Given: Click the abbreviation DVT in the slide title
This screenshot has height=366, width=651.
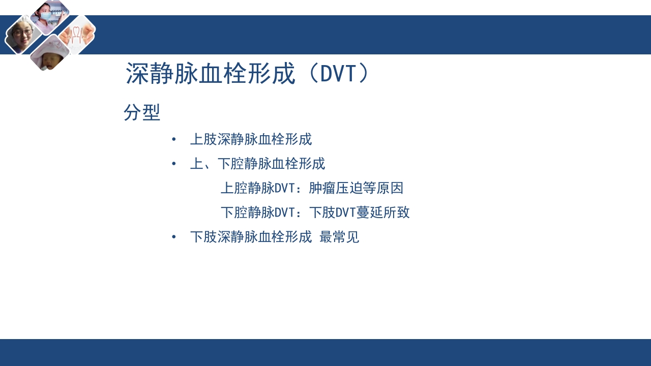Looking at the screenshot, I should [x=338, y=74].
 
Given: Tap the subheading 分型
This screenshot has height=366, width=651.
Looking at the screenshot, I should [x=142, y=113].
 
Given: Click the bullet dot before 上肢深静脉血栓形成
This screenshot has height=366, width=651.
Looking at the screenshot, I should [x=174, y=139].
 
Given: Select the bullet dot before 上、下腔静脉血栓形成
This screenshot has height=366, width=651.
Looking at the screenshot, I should [x=174, y=164].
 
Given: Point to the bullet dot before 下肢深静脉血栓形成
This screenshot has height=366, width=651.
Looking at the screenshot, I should [x=174, y=237].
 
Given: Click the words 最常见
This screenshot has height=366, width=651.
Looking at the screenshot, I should [x=339, y=237].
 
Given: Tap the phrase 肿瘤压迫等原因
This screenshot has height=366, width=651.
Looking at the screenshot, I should [x=356, y=188].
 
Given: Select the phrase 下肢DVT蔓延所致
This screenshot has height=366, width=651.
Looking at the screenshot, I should [x=359, y=212].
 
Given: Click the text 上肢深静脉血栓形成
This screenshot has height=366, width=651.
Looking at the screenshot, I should [x=251, y=139].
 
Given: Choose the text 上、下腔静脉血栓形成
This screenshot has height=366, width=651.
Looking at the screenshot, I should [x=257, y=164].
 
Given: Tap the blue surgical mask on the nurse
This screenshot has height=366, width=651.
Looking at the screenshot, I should [x=46, y=16].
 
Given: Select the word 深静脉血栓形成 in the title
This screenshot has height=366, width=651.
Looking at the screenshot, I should [x=211, y=74].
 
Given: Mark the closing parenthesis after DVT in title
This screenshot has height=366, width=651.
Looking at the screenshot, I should [x=364, y=74].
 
